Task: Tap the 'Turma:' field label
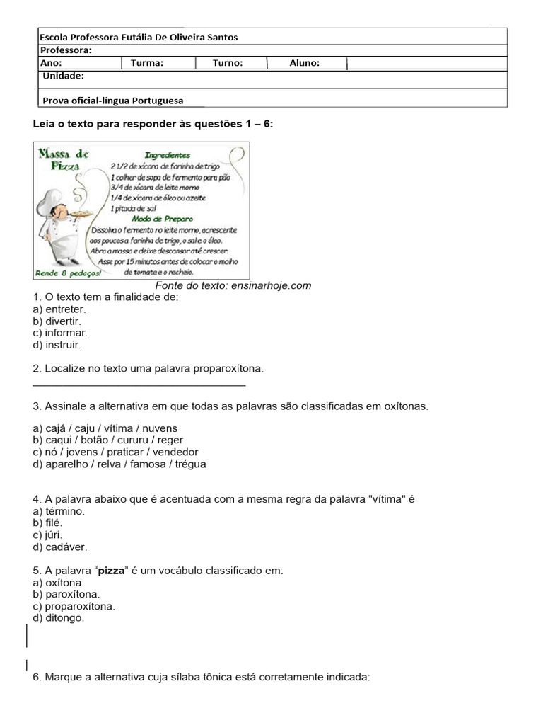tap(147, 63)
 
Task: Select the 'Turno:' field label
tap(228, 63)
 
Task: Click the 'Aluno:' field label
tap(304, 63)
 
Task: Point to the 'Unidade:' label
tap(64, 76)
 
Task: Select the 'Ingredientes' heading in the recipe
tap(167, 154)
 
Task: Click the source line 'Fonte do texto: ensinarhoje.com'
tap(233, 286)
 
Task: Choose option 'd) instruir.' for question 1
tap(57, 345)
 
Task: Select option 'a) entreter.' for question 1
tap(59, 309)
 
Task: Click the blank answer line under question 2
tap(139, 384)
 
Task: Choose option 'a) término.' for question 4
tap(59, 510)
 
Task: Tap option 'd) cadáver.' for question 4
tap(60, 547)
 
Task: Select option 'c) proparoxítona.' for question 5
tap(74, 606)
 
